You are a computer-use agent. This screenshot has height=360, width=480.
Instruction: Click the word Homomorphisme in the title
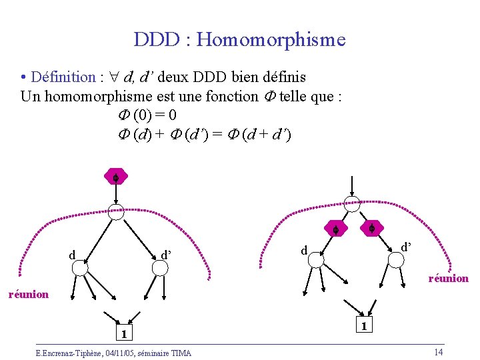point(271,40)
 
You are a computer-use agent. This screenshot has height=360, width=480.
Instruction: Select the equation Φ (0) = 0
point(147,115)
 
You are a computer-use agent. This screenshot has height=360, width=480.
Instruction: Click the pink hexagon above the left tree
point(115,178)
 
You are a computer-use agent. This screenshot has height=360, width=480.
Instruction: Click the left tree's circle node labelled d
point(80,267)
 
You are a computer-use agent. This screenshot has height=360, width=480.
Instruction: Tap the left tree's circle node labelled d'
point(159,267)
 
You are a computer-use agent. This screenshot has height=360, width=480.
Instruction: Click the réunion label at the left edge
point(28,293)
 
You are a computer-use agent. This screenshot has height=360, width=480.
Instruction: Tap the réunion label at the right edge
point(448,278)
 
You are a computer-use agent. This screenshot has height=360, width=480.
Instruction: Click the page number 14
point(438,352)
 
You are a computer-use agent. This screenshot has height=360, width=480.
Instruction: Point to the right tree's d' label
point(406,247)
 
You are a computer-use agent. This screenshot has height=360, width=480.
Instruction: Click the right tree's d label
point(304,251)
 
